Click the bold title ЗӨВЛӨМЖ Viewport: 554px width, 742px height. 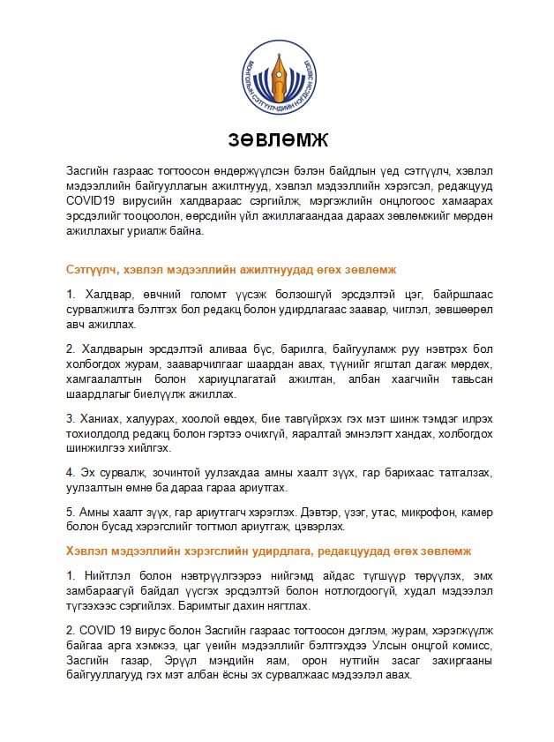pos(277,139)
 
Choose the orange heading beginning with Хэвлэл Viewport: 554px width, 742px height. pos(269,551)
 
